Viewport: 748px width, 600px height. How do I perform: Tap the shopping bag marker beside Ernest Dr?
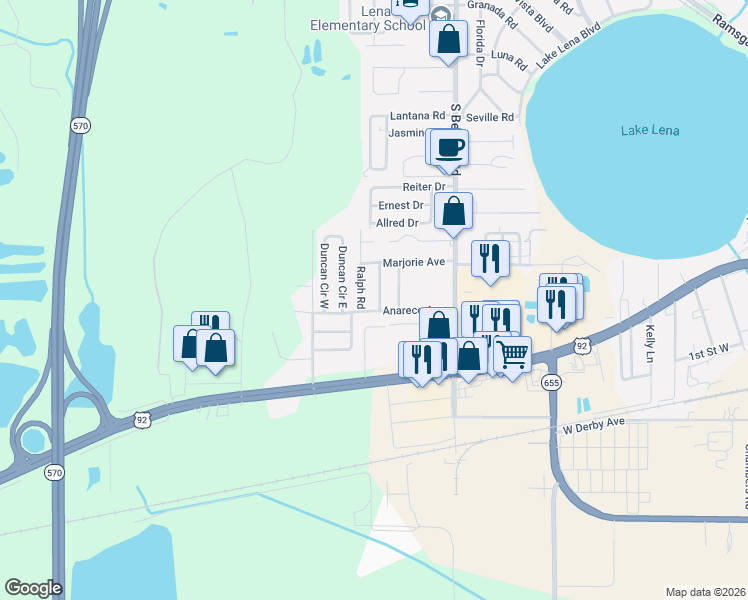[454, 211]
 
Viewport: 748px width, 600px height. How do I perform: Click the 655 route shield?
[549, 382]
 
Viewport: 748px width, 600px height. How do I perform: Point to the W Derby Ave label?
[593, 423]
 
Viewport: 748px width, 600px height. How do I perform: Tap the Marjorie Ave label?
[414, 262]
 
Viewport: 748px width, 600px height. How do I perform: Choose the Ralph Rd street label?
[361, 287]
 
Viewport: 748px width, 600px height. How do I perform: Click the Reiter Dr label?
[424, 187]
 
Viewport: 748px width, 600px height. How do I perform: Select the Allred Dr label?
[398, 222]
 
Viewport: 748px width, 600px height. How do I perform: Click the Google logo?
[33, 588]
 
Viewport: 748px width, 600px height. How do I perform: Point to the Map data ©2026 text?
[706, 593]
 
